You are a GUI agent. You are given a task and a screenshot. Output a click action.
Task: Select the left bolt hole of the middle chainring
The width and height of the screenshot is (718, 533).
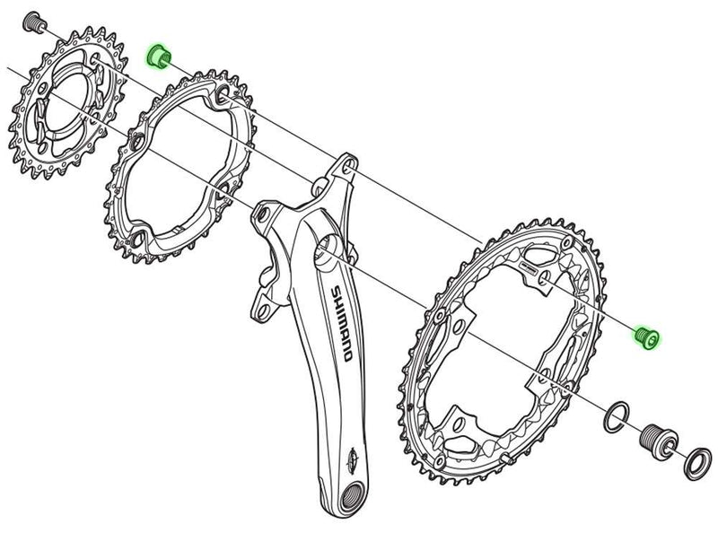pyautogui.click(x=136, y=143)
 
